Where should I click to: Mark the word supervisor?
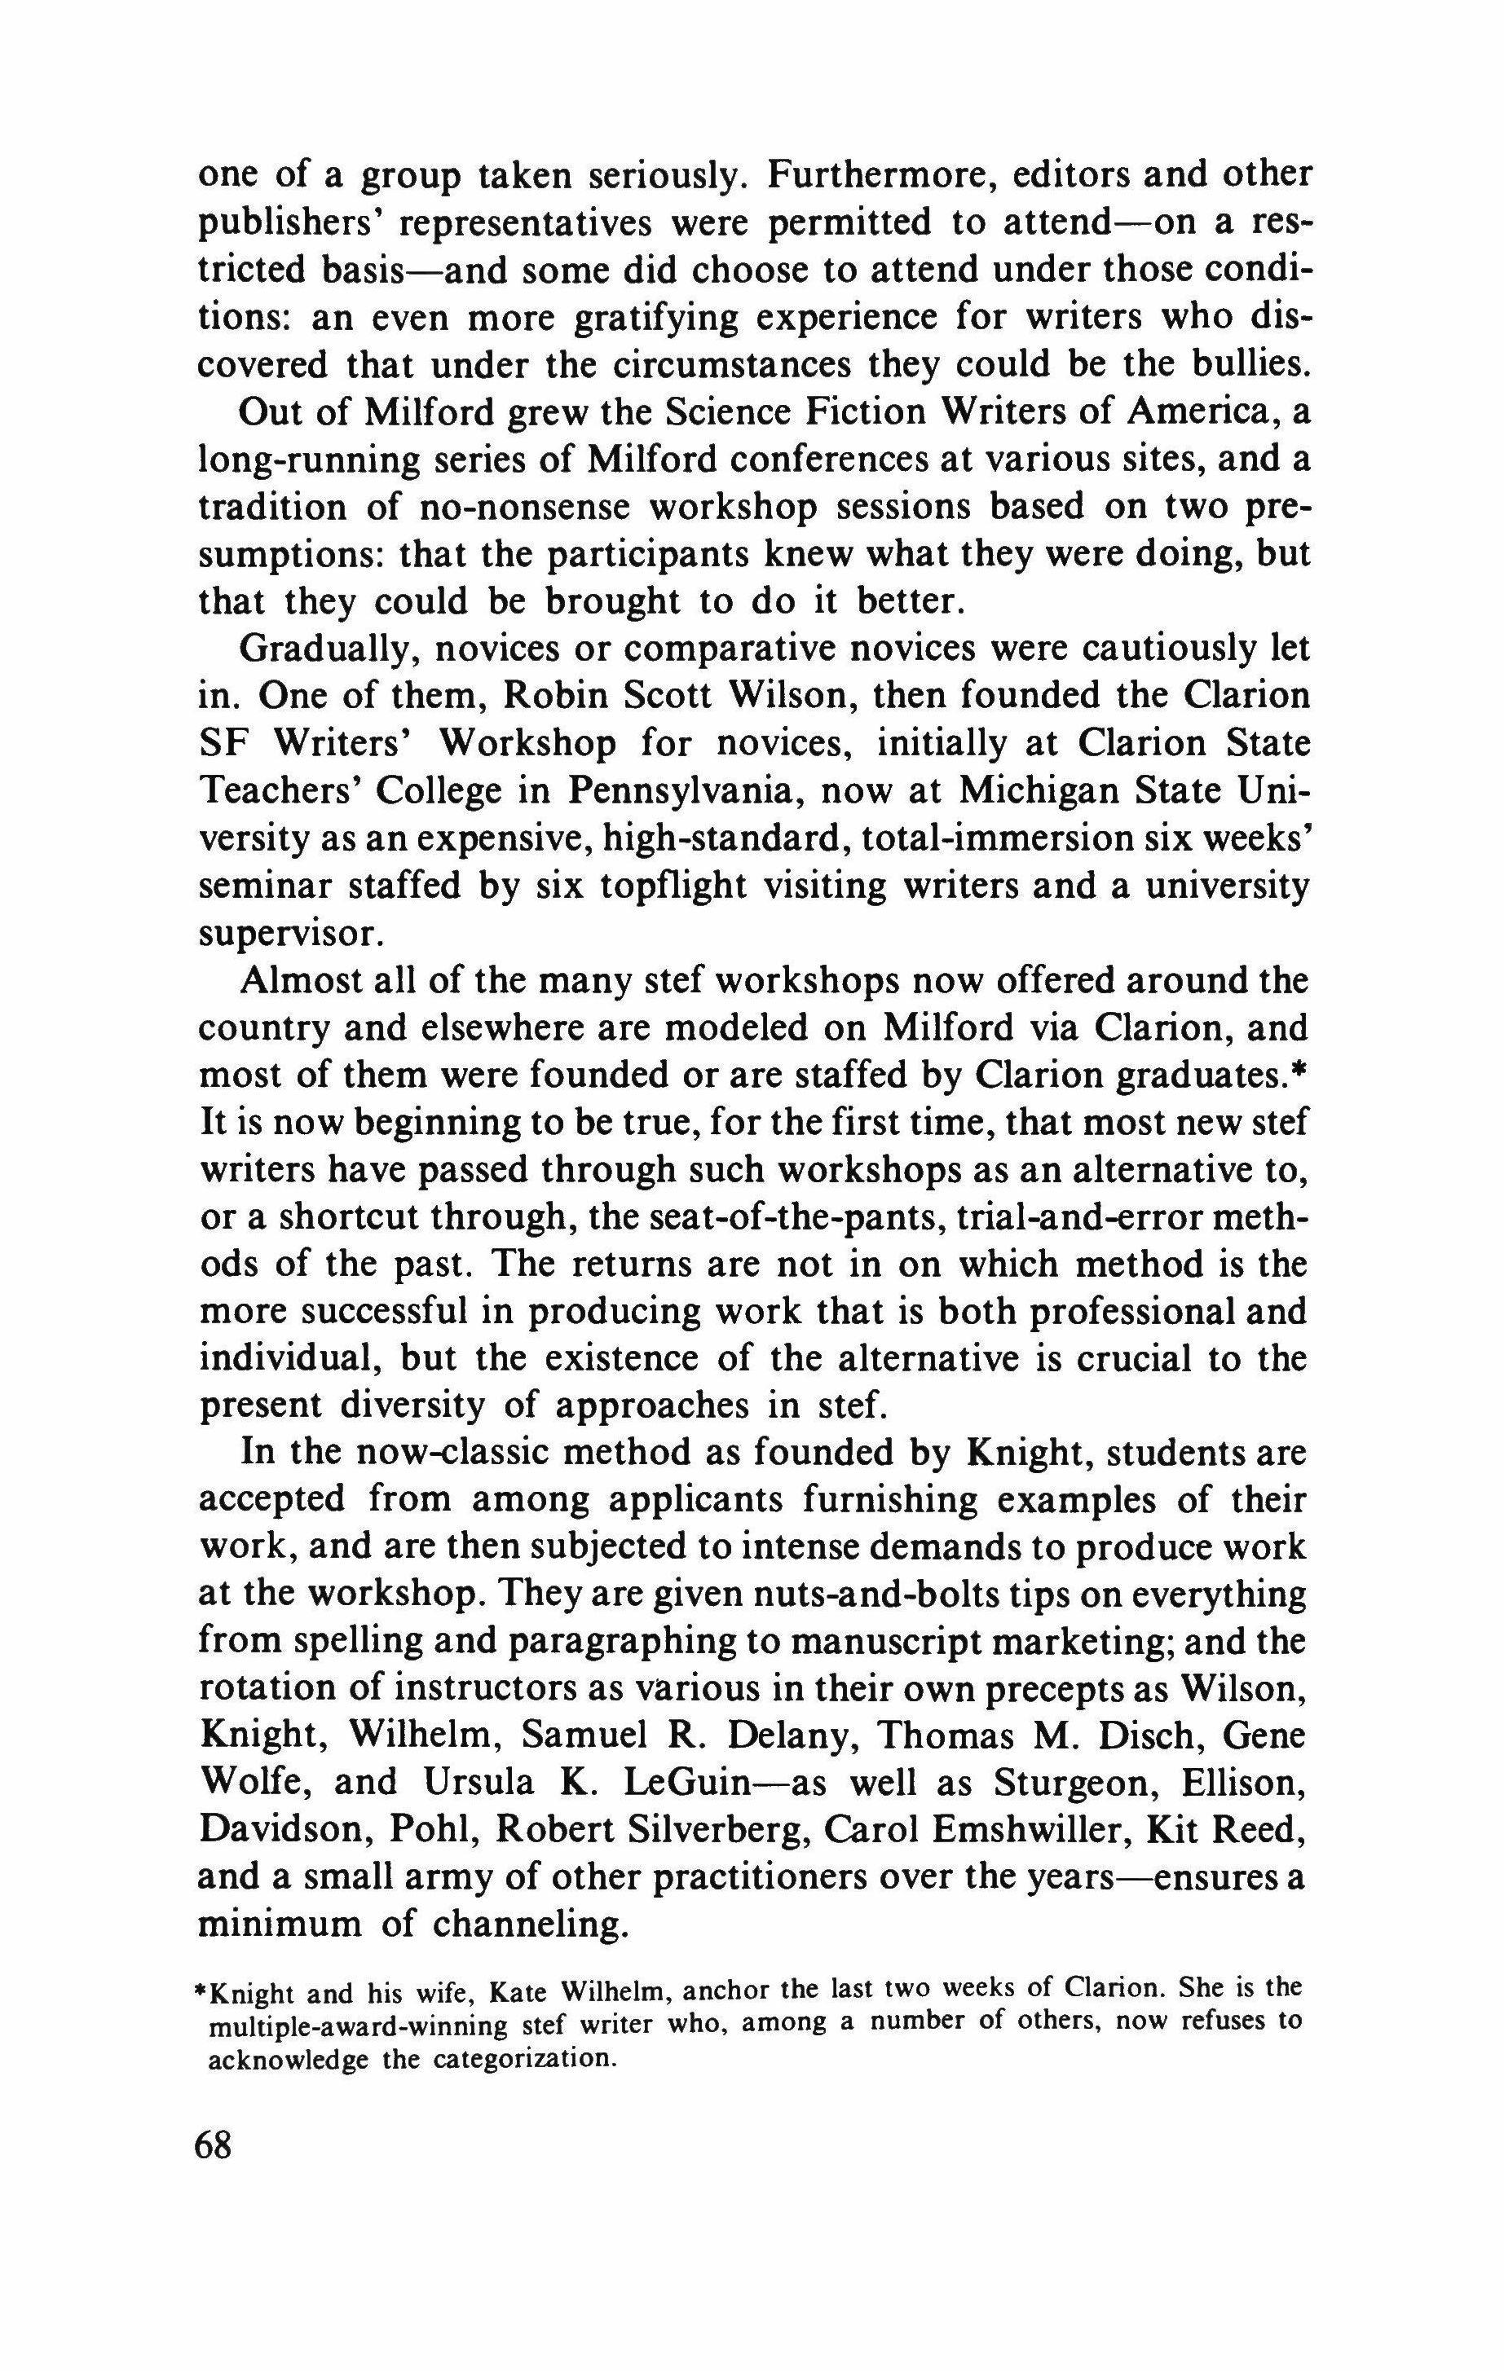289,935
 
